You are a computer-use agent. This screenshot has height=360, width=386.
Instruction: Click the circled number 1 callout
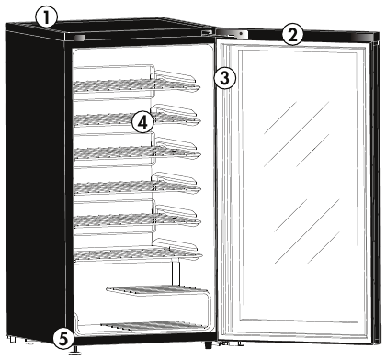[x=46, y=17]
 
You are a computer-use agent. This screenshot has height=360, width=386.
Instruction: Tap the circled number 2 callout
[x=292, y=34]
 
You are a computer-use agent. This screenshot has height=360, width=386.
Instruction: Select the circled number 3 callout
[x=225, y=78]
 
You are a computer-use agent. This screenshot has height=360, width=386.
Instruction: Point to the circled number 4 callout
[x=142, y=122]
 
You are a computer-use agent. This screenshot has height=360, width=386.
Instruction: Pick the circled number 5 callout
[x=63, y=339]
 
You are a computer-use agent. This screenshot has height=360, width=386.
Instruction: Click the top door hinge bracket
[x=232, y=33]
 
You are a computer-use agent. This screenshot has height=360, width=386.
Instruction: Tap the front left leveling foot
[x=74, y=350]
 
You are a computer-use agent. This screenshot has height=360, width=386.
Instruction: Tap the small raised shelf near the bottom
[x=157, y=290]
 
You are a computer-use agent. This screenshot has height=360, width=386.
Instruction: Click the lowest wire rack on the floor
[x=150, y=326]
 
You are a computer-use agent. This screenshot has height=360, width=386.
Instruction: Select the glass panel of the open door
[x=299, y=186]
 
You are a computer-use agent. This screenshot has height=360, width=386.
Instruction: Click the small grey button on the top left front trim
[x=79, y=38]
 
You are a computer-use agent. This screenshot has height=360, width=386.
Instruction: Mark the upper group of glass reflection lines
[x=297, y=134]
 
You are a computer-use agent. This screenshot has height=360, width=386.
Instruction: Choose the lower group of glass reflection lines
[x=307, y=231]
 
